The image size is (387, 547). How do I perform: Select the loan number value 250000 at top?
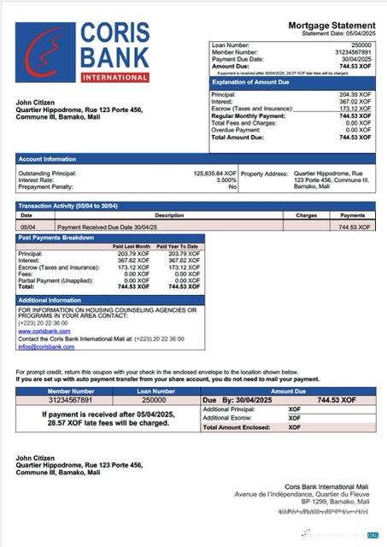pyautogui.click(x=361, y=44)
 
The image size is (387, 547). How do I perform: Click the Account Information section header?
pyautogui.click(x=48, y=159)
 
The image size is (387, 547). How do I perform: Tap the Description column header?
pyautogui.click(x=168, y=215)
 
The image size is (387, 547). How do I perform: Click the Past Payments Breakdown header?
pyautogui.click(x=56, y=238)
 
